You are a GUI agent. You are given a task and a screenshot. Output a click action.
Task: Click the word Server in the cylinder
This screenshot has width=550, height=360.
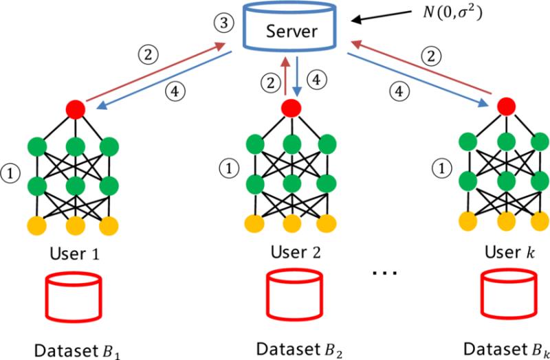(291, 32)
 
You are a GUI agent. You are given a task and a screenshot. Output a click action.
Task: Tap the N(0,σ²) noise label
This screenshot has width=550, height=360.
(450, 14)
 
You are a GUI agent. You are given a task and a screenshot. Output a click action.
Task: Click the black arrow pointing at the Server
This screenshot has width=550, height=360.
(382, 16)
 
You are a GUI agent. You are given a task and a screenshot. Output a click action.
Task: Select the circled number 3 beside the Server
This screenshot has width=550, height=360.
(223, 23)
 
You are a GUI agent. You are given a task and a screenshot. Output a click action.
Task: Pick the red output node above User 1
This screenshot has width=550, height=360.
(76, 109)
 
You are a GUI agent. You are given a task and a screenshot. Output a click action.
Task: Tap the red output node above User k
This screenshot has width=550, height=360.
(506, 106)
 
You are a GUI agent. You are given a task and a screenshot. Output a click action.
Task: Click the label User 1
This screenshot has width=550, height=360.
(75, 254)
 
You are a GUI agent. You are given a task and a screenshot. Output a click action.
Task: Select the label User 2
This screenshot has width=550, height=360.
(296, 251)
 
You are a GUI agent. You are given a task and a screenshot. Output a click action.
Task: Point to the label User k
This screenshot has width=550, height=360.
(510, 252)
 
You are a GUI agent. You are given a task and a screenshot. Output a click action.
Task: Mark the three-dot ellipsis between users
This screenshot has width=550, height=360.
(384, 272)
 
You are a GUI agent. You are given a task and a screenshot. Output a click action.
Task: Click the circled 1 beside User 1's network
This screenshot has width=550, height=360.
(10, 175)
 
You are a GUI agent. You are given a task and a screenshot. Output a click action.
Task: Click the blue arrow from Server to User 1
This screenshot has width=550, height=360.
(164, 80)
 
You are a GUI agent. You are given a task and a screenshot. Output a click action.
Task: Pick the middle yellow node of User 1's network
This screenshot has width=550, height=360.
(76, 226)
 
